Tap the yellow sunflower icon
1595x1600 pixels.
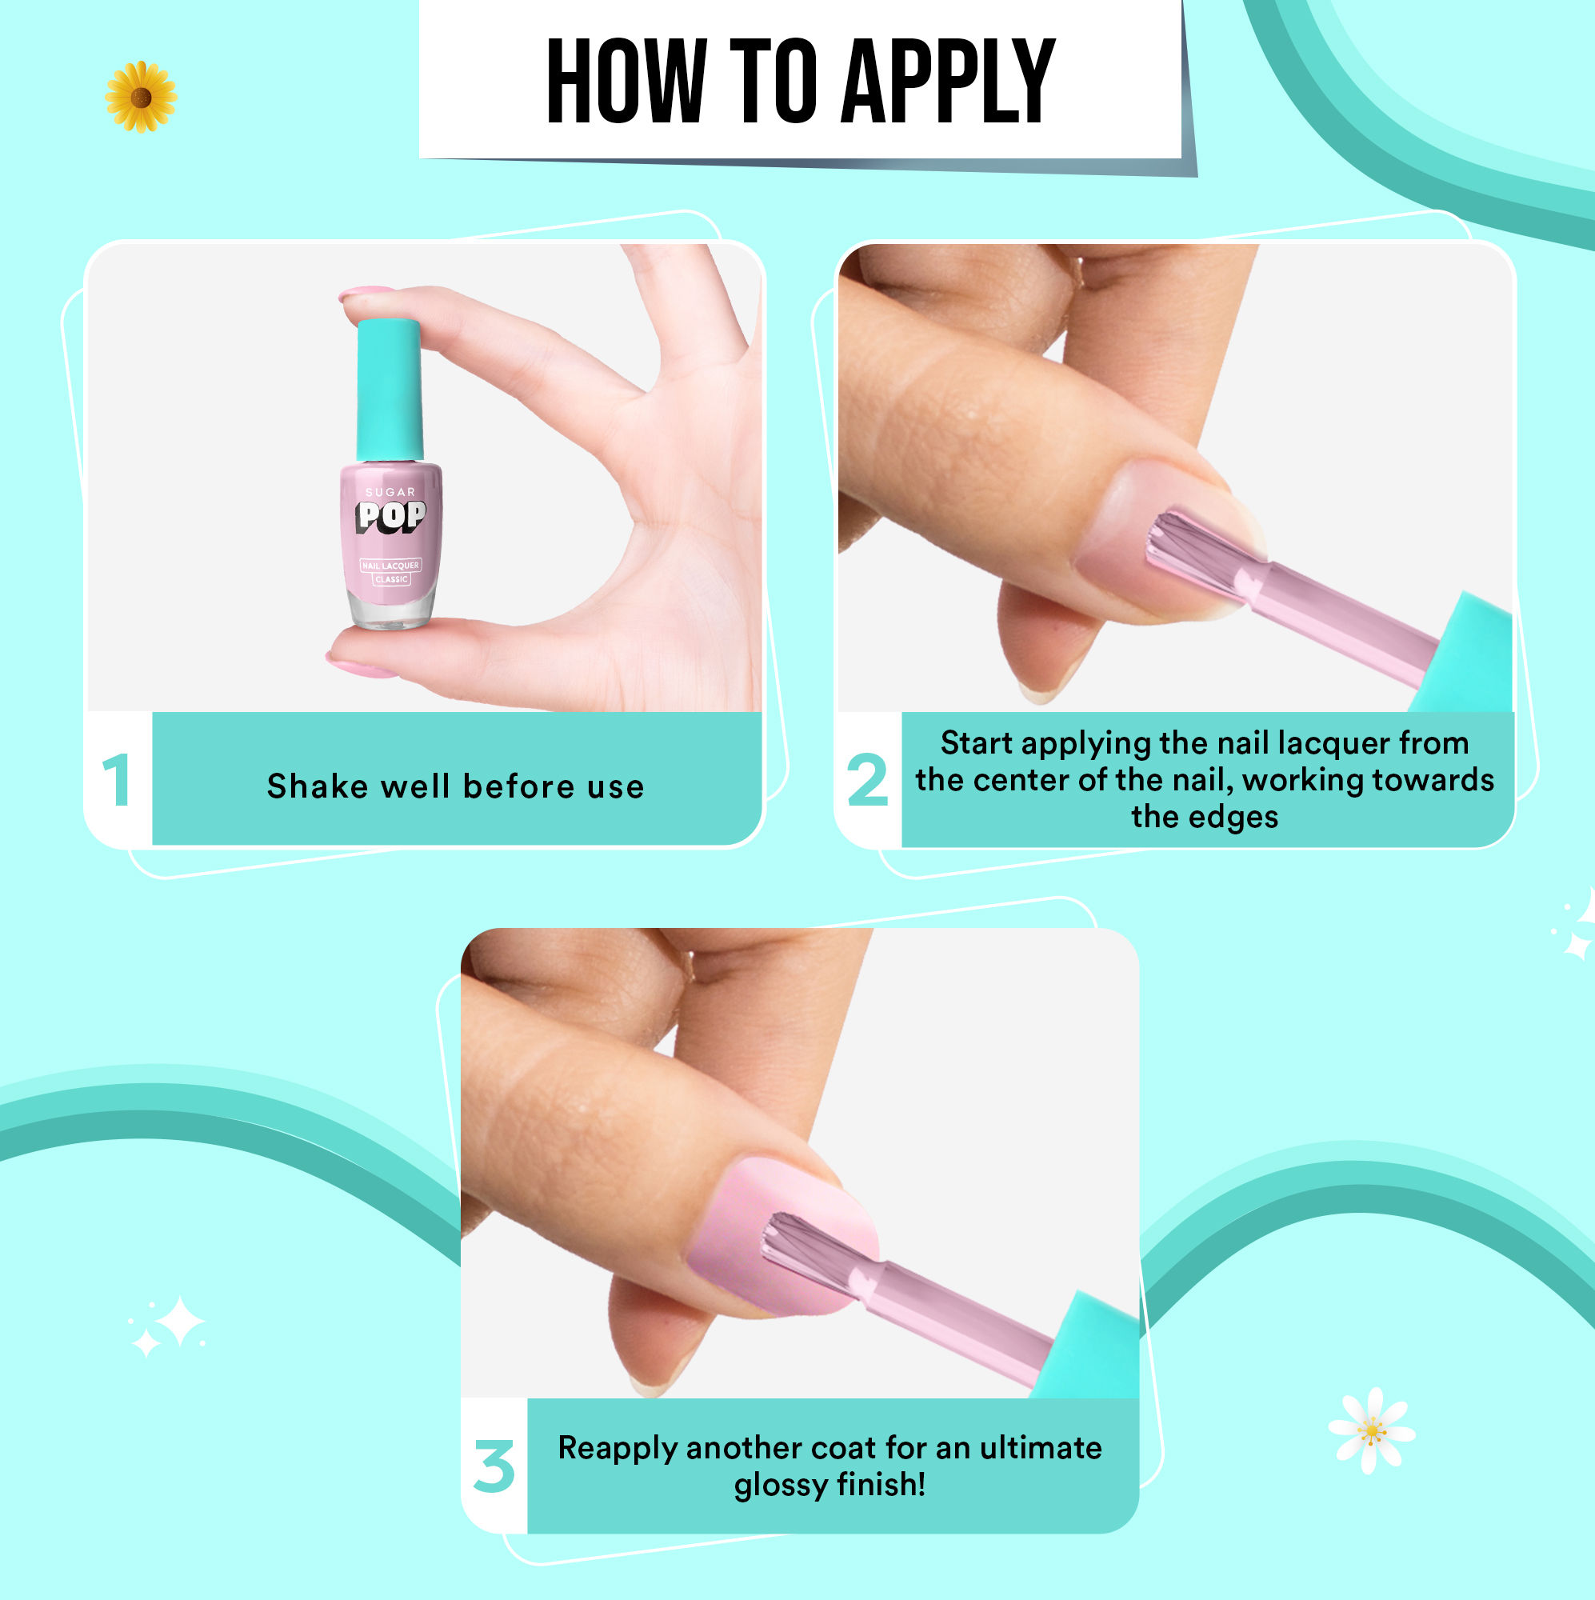pyautogui.click(x=141, y=97)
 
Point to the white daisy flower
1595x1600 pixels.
pyautogui.click(x=1371, y=1430)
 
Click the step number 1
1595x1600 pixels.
pyautogui.click(x=117, y=780)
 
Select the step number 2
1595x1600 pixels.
pyautogui.click(x=867, y=780)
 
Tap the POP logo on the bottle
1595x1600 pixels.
pyautogui.click(x=391, y=516)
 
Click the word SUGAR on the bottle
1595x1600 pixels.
pyautogui.click(x=390, y=492)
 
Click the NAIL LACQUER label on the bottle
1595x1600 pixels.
pyautogui.click(x=391, y=566)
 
